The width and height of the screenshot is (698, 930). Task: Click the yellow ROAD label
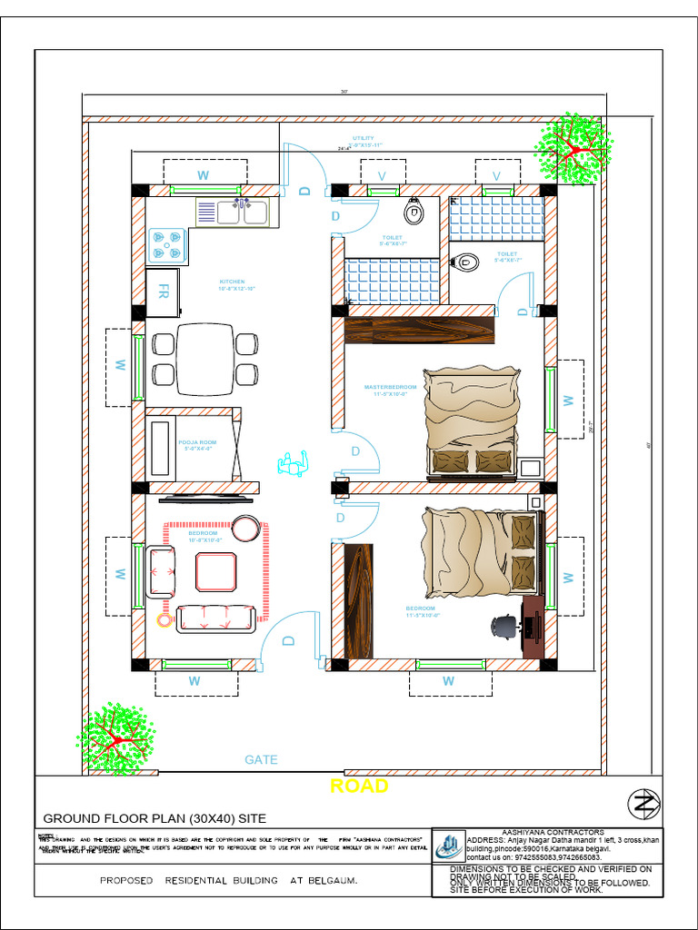click(x=359, y=786)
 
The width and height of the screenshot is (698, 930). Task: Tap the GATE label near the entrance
click(x=261, y=759)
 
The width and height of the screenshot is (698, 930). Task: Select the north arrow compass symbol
click(x=644, y=803)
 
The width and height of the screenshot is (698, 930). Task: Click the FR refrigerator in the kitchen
click(x=164, y=292)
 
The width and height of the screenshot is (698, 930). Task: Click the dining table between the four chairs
click(x=204, y=360)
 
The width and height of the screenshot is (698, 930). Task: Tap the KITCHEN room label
click(x=232, y=285)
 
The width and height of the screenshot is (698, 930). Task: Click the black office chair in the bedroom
click(x=504, y=627)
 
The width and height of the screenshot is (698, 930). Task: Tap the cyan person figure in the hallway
click(x=293, y=464)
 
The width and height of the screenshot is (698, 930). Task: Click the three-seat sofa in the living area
click(x=214, y=618)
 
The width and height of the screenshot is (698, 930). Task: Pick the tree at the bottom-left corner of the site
click(x=115, y=737)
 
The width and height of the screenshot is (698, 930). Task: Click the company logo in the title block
click(x=447, y=847)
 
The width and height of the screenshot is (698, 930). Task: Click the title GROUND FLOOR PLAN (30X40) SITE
click(x=155, y=817)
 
